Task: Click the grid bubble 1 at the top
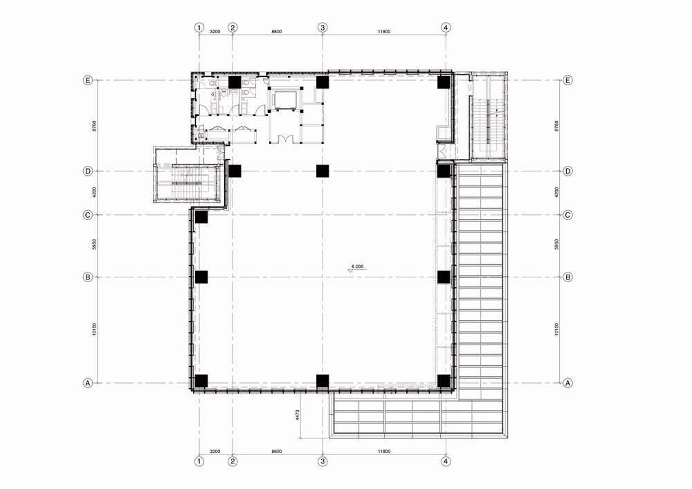coord(199,28)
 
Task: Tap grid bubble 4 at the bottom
coord(446,461)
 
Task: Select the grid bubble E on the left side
coord(88,80)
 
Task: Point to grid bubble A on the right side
coord(568,383)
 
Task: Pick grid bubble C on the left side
coord(88,214)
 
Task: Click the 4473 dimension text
coord(298,416)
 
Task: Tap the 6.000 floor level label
coord(357,266)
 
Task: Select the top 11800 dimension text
coord(384,32)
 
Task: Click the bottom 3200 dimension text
coord(215,452)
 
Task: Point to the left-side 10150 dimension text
coord(94,329)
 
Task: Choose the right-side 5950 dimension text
coord(556,245)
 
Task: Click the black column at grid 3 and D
coord(322,171)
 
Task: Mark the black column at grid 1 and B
coord(201,277)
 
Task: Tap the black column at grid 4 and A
coord(444,381)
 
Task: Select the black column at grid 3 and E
coord(322,82)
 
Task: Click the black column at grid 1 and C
coord(201,217)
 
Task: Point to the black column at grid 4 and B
coord(444,277)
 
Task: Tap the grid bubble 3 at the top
coord(322,28)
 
